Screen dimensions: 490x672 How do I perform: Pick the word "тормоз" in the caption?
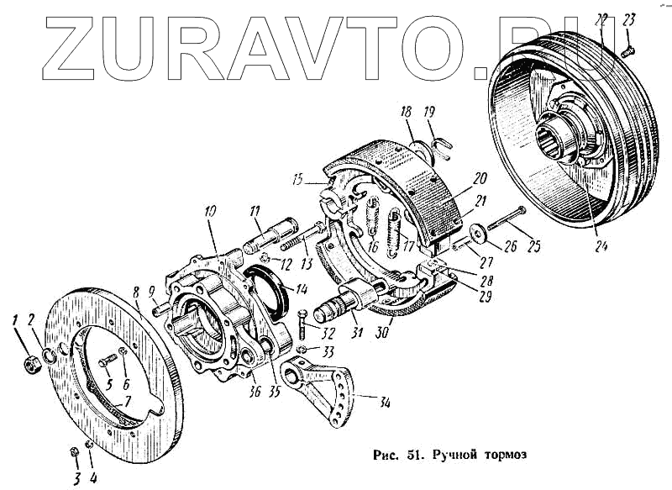tap(504, 455)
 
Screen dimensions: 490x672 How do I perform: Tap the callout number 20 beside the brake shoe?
tap(480, 178)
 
